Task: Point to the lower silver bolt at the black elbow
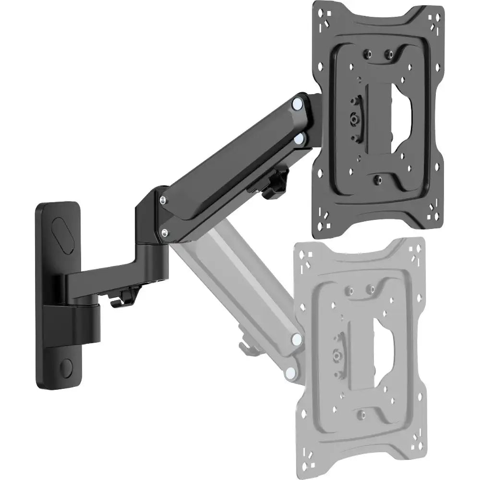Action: (x=165, y=233)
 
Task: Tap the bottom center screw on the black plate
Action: (x=377, y=179)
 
